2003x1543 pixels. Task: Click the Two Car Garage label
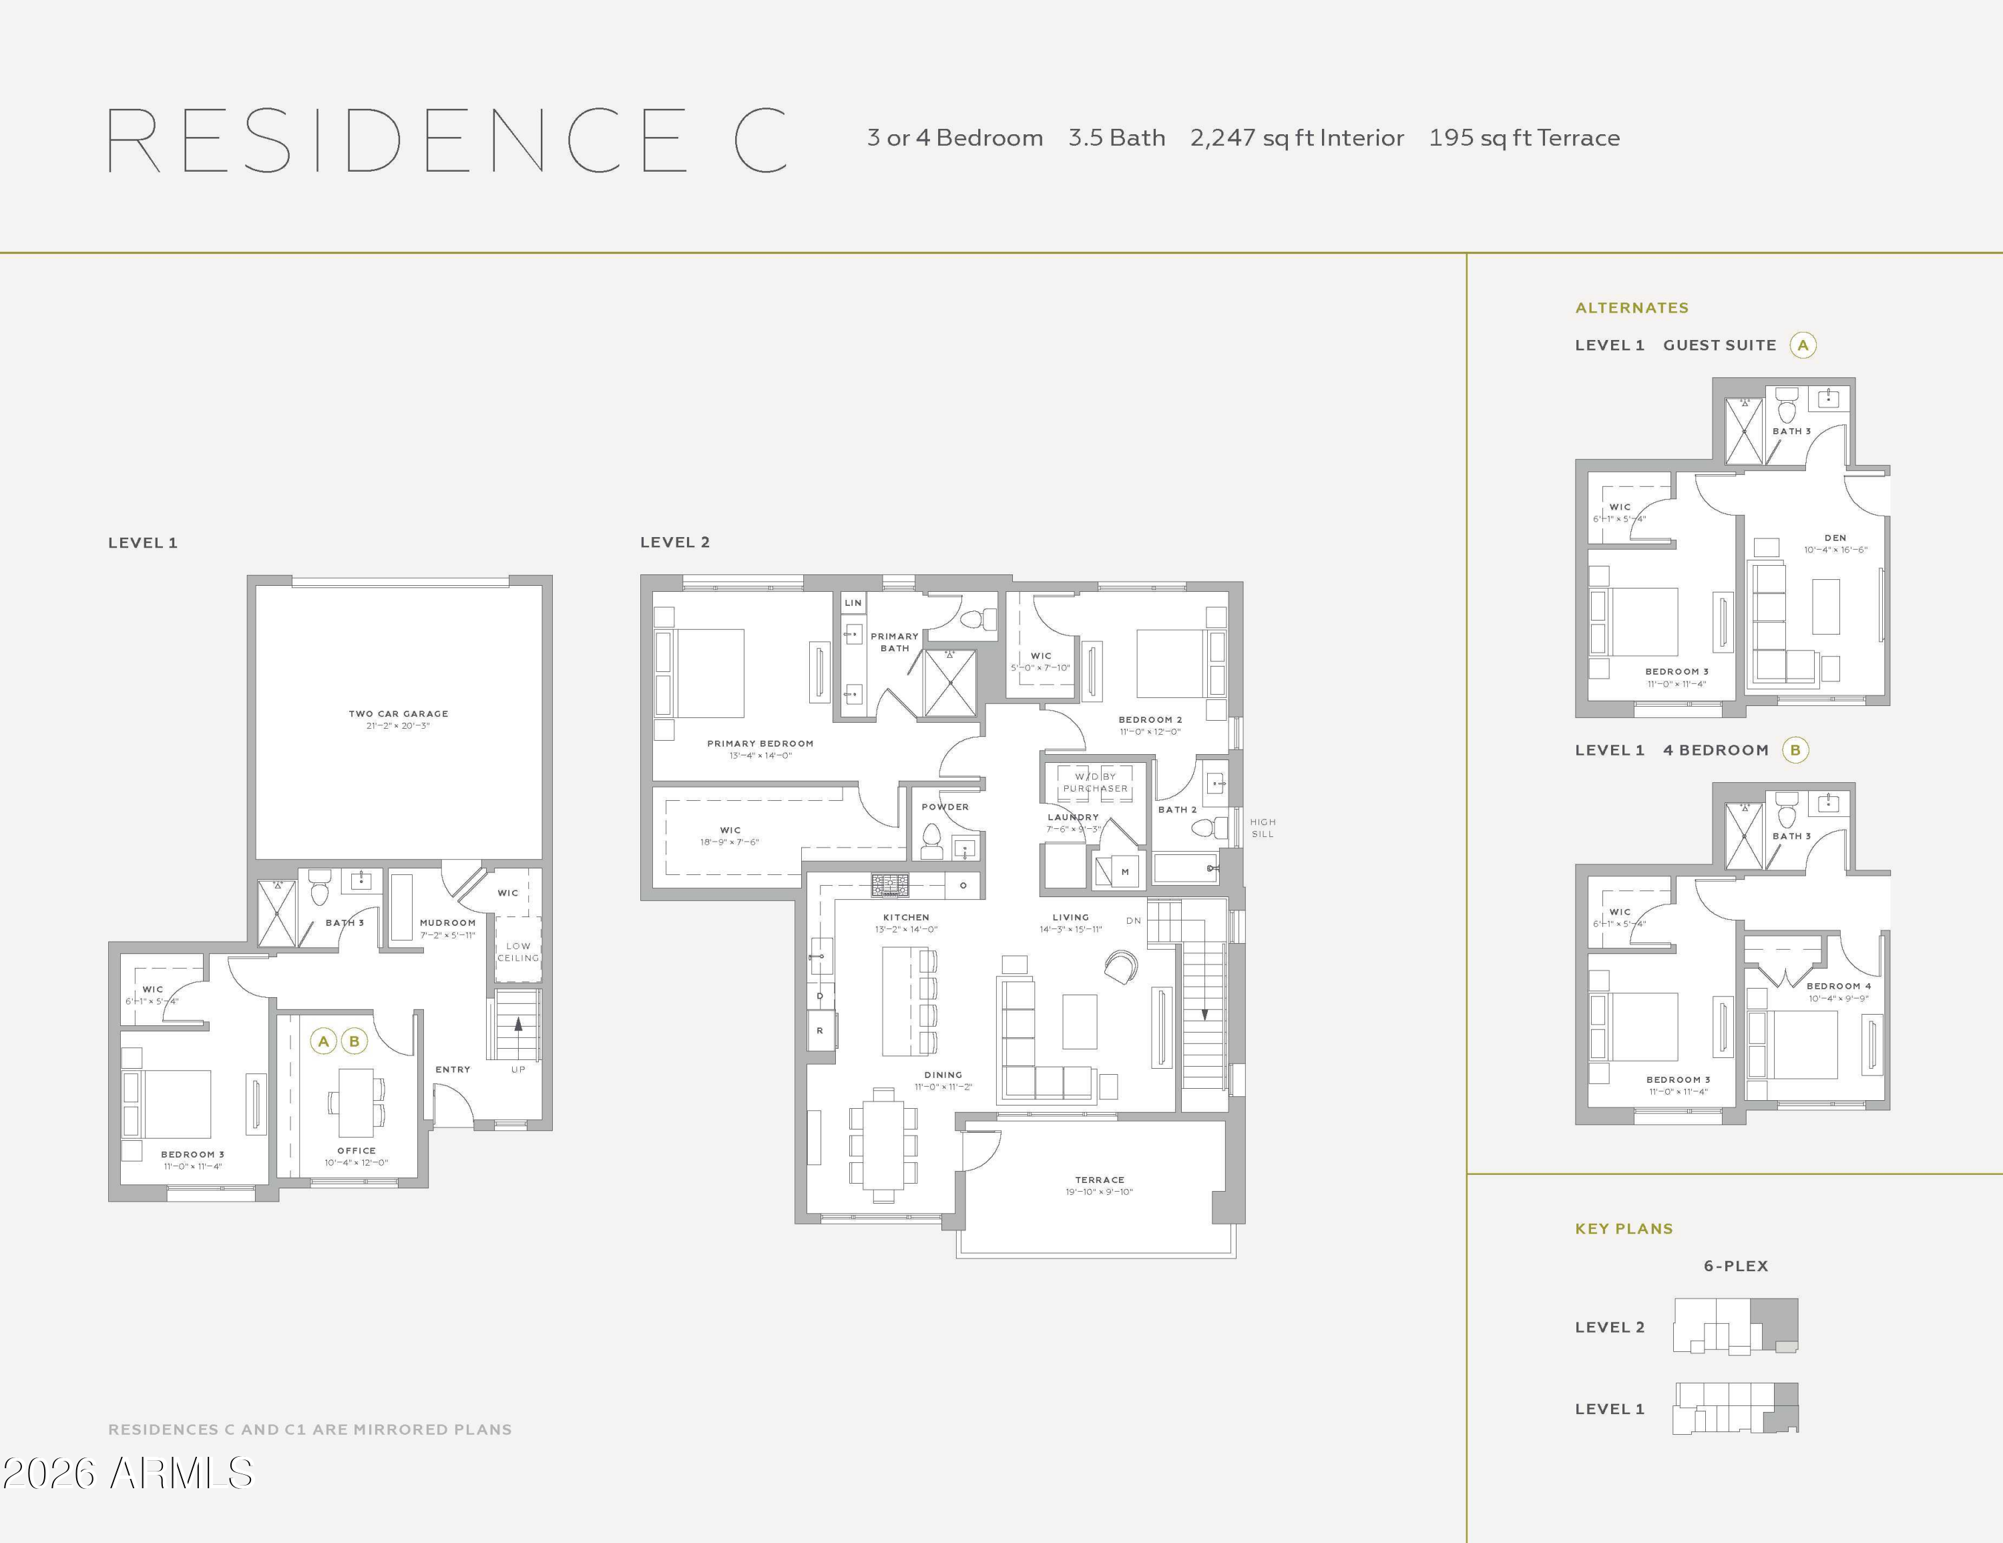point(398,713)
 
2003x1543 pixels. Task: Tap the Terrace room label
point(1100,1180)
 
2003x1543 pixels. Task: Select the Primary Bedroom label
point(760,743)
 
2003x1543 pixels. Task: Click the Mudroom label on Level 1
point(447,923)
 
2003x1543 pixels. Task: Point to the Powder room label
point(945,808)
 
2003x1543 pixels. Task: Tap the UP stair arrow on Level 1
point(519,1037)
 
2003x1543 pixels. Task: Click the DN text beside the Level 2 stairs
point(1134,920)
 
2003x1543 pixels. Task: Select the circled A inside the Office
point(323,1041)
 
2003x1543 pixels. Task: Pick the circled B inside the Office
point(354,1041)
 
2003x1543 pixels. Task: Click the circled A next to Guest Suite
point(1803,345)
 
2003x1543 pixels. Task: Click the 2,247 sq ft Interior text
point(1297,138)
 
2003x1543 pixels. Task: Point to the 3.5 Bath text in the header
point(1116,138)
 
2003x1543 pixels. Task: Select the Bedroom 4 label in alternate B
point(1839,986)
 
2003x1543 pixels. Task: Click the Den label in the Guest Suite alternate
point(1835,538)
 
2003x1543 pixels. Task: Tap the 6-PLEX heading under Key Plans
point(1735,1266)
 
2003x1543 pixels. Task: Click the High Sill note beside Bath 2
point(1263,828)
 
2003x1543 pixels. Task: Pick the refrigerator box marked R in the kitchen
point(820,1030)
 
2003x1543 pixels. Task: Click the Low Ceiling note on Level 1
point(518,951)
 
